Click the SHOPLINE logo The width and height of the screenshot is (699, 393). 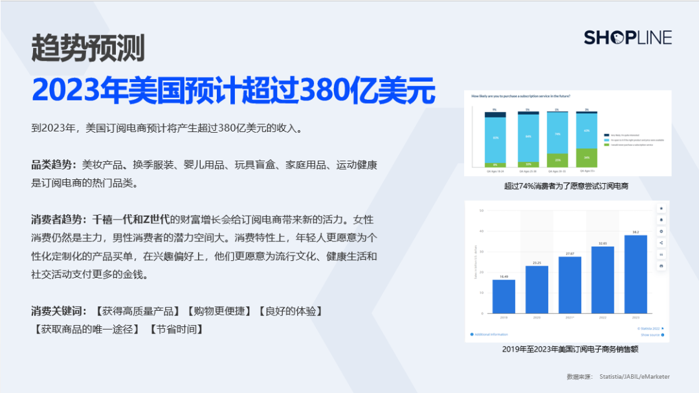click(x=627, y=38)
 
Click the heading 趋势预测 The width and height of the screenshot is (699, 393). click(x=88, y=49)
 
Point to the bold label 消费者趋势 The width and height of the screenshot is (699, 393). click(x=59, y=219)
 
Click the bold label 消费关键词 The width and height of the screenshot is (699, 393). click(x=59, y=311)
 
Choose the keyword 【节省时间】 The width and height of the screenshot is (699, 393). click(x=177, y=329)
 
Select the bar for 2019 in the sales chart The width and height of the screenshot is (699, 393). click(x=504, y=296)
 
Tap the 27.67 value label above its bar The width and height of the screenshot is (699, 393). click(x=570, y=253)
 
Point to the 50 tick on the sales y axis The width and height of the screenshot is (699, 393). click(x=482, y=211)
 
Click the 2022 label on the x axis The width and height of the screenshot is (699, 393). click(x=602, y=318)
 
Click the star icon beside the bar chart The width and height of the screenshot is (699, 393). click(x=661, y=208)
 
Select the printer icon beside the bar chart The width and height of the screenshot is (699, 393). click(x=661, y=265)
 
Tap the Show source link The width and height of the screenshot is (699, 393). click(x=650, y=335)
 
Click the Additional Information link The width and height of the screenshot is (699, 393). click(x=491, y=335)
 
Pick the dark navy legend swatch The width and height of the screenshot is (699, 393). click(x=605, y=135)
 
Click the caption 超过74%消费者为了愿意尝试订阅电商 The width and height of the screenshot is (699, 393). click(x=566, y=186)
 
